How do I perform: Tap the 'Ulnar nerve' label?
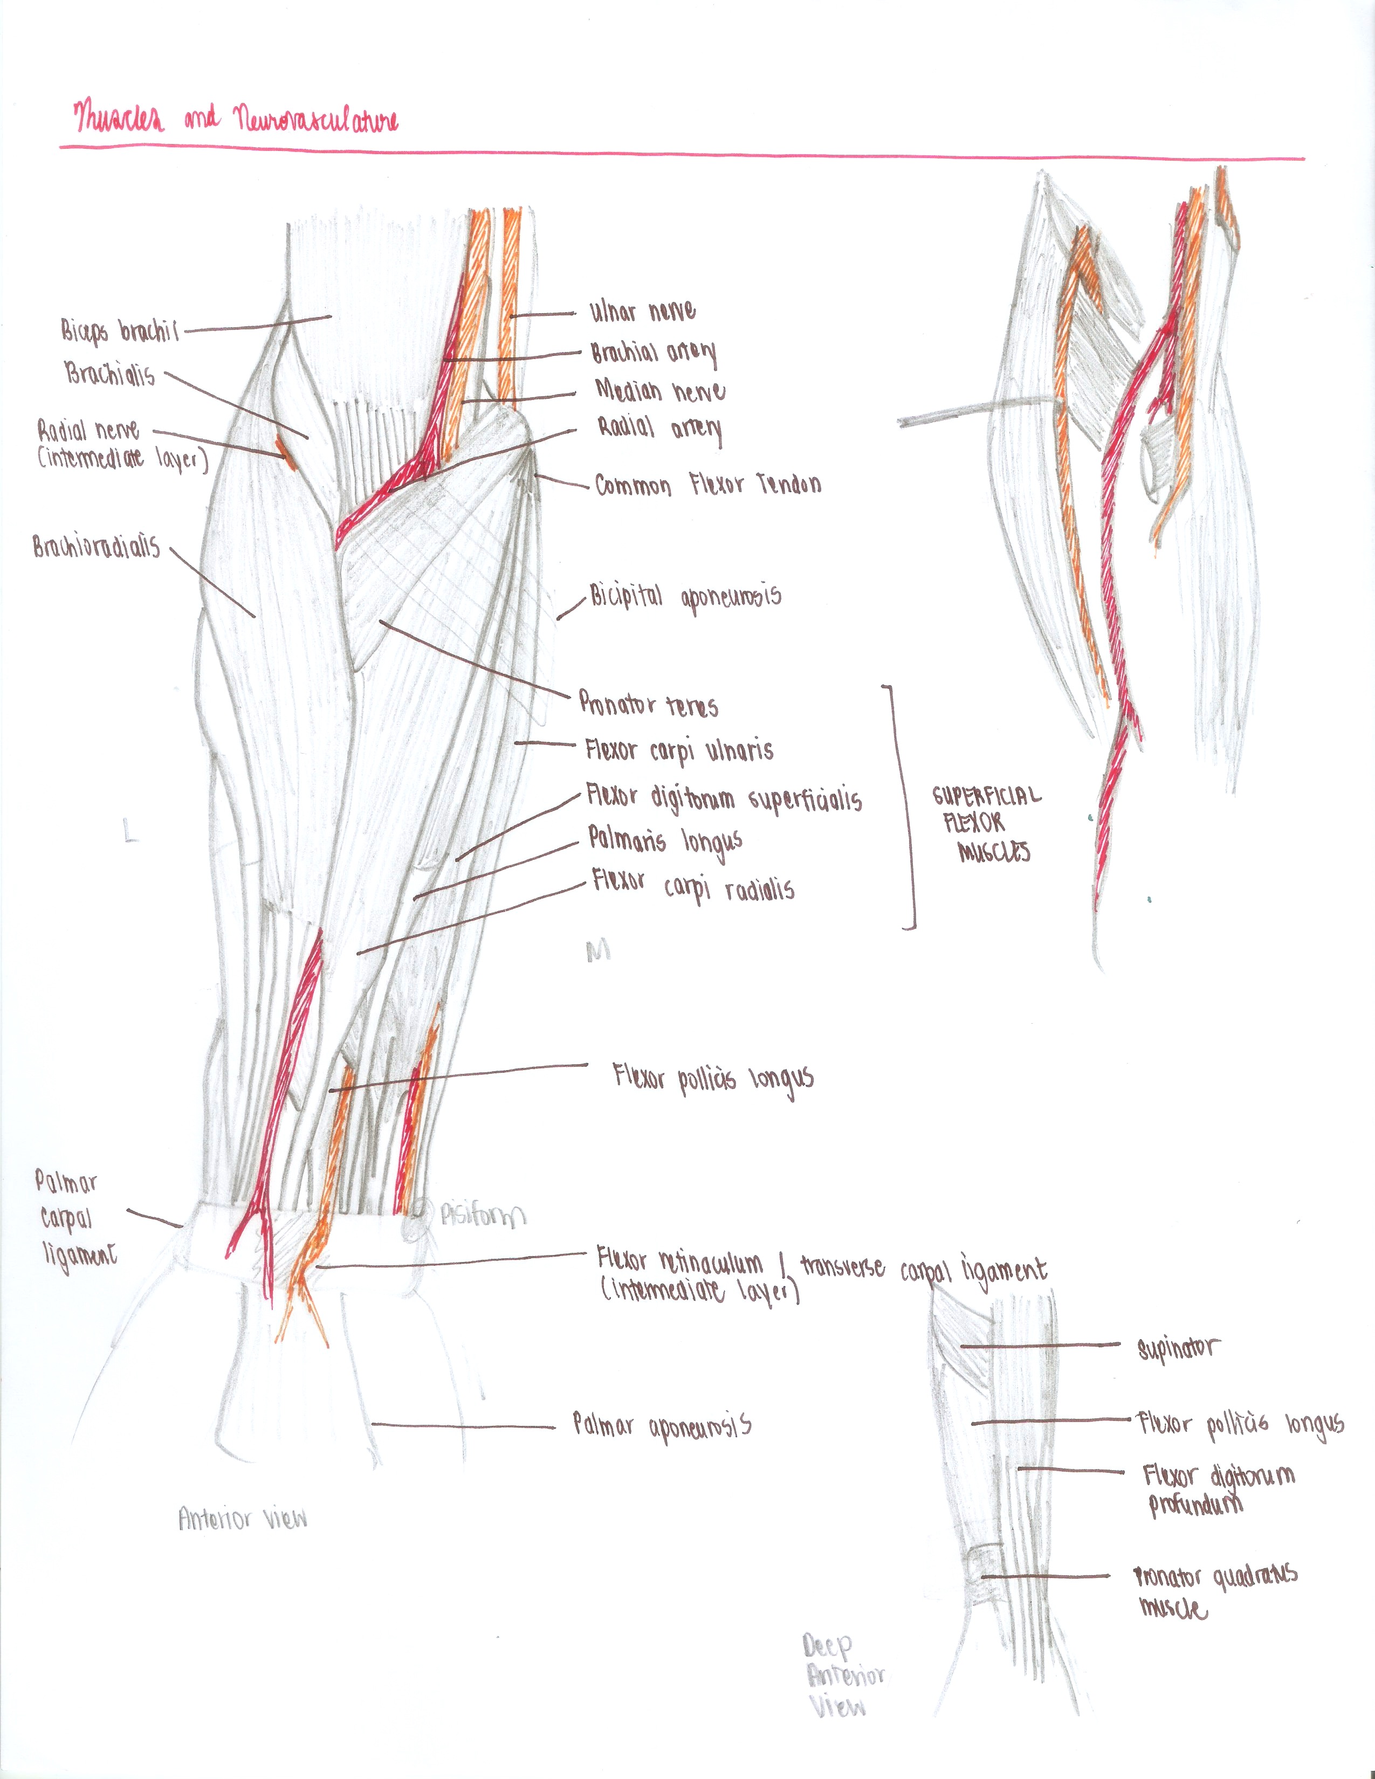[642, 311]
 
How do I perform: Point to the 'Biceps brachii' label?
[119, 330]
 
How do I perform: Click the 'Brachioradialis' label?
[96, 547]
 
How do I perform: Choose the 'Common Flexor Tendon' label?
[707, 486]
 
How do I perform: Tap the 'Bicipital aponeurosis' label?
[685, 597]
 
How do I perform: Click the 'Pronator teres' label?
[648, 704]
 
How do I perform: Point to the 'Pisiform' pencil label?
[482, 1216]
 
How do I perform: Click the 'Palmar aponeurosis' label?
[662, 1425]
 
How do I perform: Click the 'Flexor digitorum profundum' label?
[1217, 1489]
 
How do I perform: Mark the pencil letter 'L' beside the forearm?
[129, 832]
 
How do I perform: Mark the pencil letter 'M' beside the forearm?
[598, 950]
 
